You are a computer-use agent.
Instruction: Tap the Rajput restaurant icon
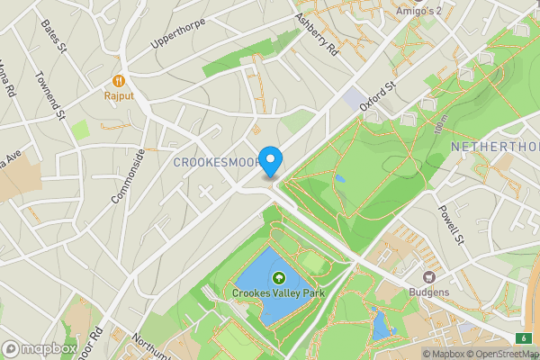[x=118, y=77]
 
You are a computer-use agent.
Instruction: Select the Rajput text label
[x=118, y=93]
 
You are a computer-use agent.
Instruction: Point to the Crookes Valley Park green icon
[x=278, y=278]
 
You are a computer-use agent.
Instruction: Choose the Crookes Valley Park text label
[x=278, y=293]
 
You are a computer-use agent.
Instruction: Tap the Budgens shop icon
[x=430, y=277]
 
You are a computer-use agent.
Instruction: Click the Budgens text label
[x=430, y=292]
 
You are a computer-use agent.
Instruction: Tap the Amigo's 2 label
[x=419, y=12]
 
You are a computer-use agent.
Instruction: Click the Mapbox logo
[x=39, y=348]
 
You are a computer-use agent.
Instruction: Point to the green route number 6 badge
[x=524, y=337]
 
